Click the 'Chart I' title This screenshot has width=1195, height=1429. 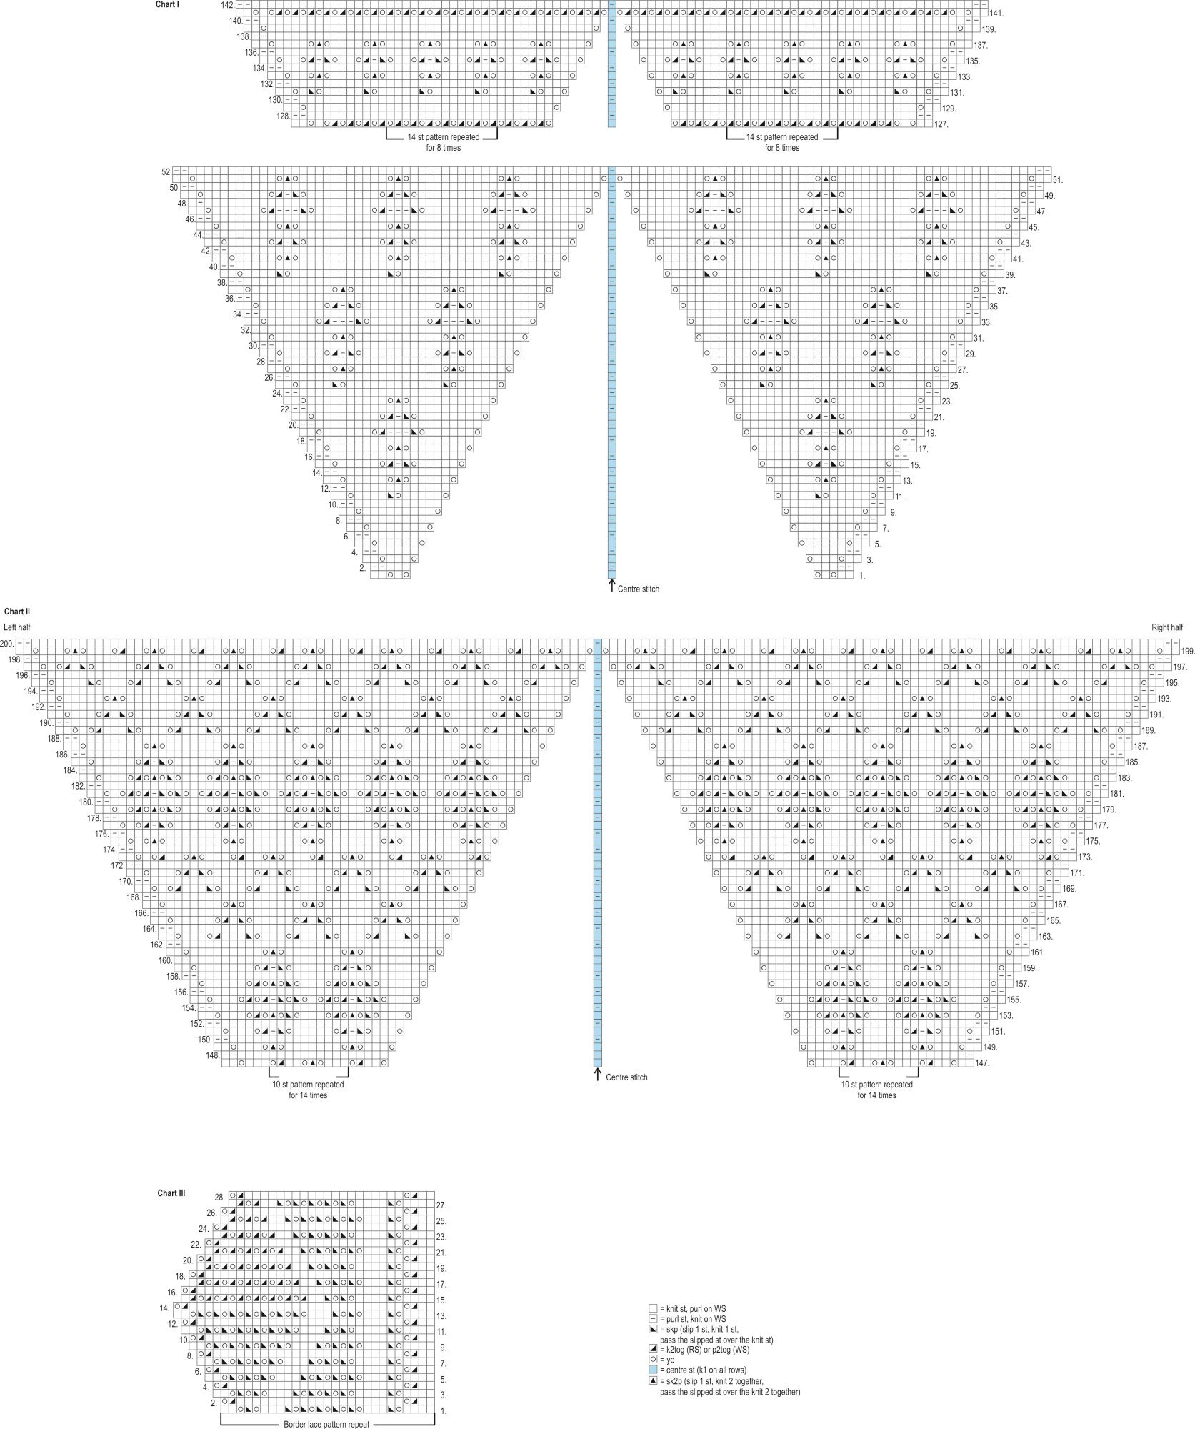(x=167, y=5)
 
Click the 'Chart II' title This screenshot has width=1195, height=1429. (x=16, y=612)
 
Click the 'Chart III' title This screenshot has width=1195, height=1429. (x=172, y=1193)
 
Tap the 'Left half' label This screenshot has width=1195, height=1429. (x=17, y=627)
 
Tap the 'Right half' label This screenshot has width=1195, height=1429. (x=1167, y=627)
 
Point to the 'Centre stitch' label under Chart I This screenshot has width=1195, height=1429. (x=639, y=589)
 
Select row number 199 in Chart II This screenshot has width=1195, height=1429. (x=1188, y=652)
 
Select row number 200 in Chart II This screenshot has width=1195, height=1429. (x=7, y=644)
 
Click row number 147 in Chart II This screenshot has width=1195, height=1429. (x=982, y=1063)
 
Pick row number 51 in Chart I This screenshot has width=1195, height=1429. (x=1057, y=180)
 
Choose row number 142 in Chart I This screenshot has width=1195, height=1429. (x=228, y=5)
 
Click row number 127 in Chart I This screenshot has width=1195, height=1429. (x=941, y=124)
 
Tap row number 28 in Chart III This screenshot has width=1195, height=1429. (x=220, y=1197)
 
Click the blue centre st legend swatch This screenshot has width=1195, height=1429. (x=653, y=1370)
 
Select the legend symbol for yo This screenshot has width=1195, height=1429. (x=653, y=1360)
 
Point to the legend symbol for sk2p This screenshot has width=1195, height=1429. (x=653, y=1380)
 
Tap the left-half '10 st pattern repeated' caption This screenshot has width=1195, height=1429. (x=308, y=1085)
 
